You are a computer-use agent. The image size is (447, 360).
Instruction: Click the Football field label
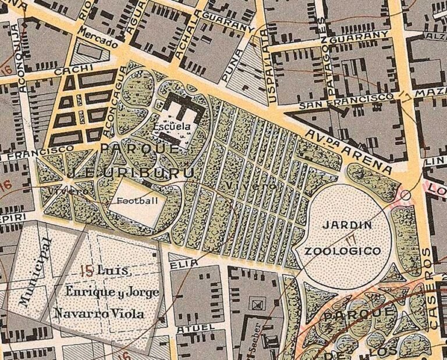[x=137, y=201]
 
